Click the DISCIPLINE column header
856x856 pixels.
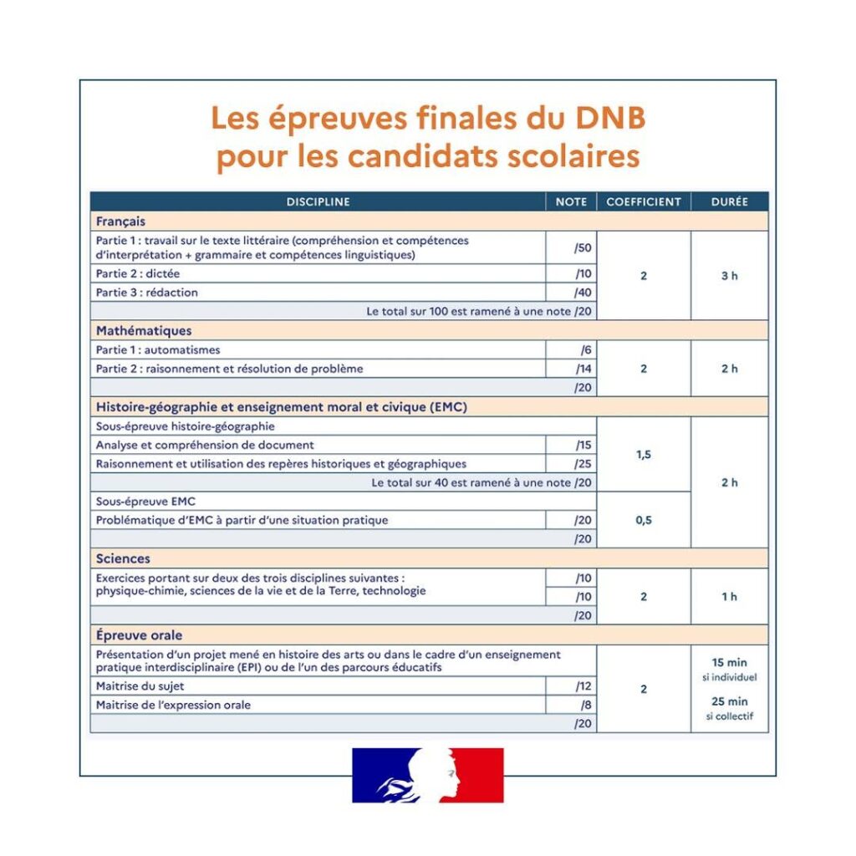click(x=318, y=201)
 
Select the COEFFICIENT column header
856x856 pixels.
click(x=644, y=201)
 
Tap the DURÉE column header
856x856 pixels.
click(x=729, y=201)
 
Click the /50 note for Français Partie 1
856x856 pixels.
click(x=582, y=247)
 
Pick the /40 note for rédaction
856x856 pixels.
click(x=582, y=293)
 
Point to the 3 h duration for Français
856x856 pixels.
click(x=729, y=276)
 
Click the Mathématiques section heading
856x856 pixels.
click(x=144, y=331)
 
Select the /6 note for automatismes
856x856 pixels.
click(x=585, y=350)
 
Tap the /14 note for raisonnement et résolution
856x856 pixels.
click(x=583, y=369)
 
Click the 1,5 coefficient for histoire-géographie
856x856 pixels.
click(x=644, y=455)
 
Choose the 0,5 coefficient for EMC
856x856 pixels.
click(x=644, y=520)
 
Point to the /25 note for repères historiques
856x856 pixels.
click(x=582, y=464)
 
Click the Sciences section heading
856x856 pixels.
click(x=123, y=558)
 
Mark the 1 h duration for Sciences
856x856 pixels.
click(x=729, y=597)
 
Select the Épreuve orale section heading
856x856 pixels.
click(x=139, y=635)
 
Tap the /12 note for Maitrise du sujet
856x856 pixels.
click(x=583, y=686)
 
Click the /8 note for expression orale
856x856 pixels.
click(x=585, y=705)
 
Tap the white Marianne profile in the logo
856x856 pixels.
click(x=439, y=773)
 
